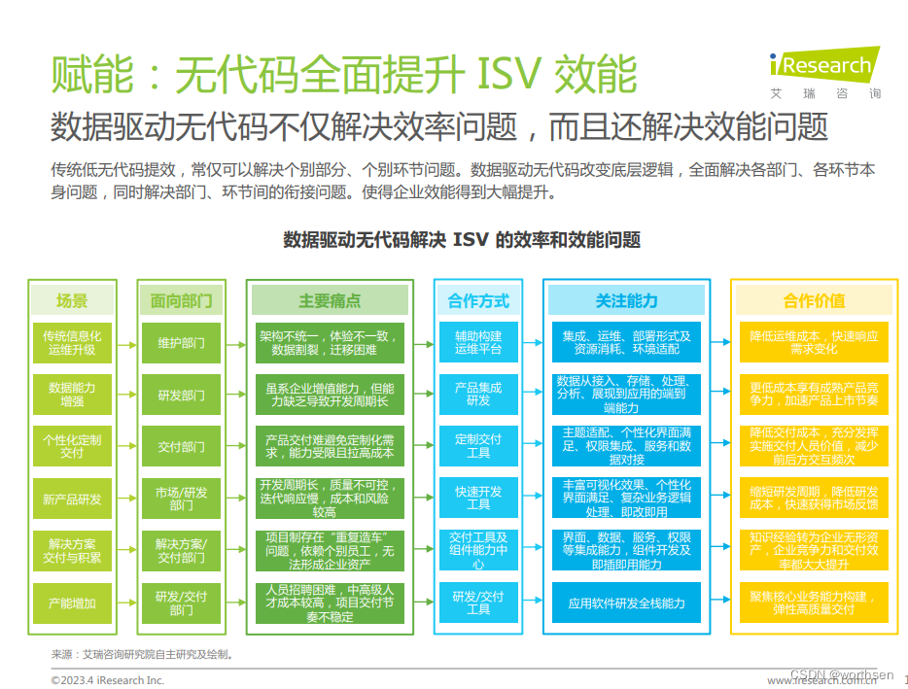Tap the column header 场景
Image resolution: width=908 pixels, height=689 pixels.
pos(72,300)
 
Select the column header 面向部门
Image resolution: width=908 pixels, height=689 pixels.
pos(181,300)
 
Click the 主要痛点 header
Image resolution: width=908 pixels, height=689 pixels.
pos(329,300)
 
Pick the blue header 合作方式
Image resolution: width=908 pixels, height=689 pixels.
pos(478,300)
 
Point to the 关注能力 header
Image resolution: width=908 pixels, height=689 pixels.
pos(626,300)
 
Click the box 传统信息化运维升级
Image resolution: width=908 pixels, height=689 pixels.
pos(72,343)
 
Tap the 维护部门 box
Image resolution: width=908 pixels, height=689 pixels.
pos(181,343)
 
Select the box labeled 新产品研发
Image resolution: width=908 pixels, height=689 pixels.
pos(72,499)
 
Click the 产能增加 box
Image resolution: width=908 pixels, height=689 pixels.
pos(72,603)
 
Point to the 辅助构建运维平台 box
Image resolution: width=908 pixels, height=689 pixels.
pos(478,343)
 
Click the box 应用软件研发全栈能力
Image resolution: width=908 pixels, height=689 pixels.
pos(626,603)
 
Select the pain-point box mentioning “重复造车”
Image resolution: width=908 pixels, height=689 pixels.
pos(329,551)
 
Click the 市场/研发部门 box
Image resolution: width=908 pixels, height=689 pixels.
pos(181,499)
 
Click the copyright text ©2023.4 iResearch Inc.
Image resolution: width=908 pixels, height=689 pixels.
pos(108,679)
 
